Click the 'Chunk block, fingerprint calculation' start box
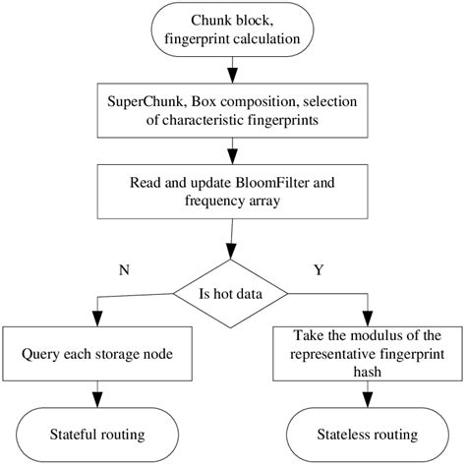(233, 30)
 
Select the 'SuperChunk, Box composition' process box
(233, 110)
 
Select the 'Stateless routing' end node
(368, 434)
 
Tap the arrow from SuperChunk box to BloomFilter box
(233, 150)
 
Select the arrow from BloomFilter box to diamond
(233, 241)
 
